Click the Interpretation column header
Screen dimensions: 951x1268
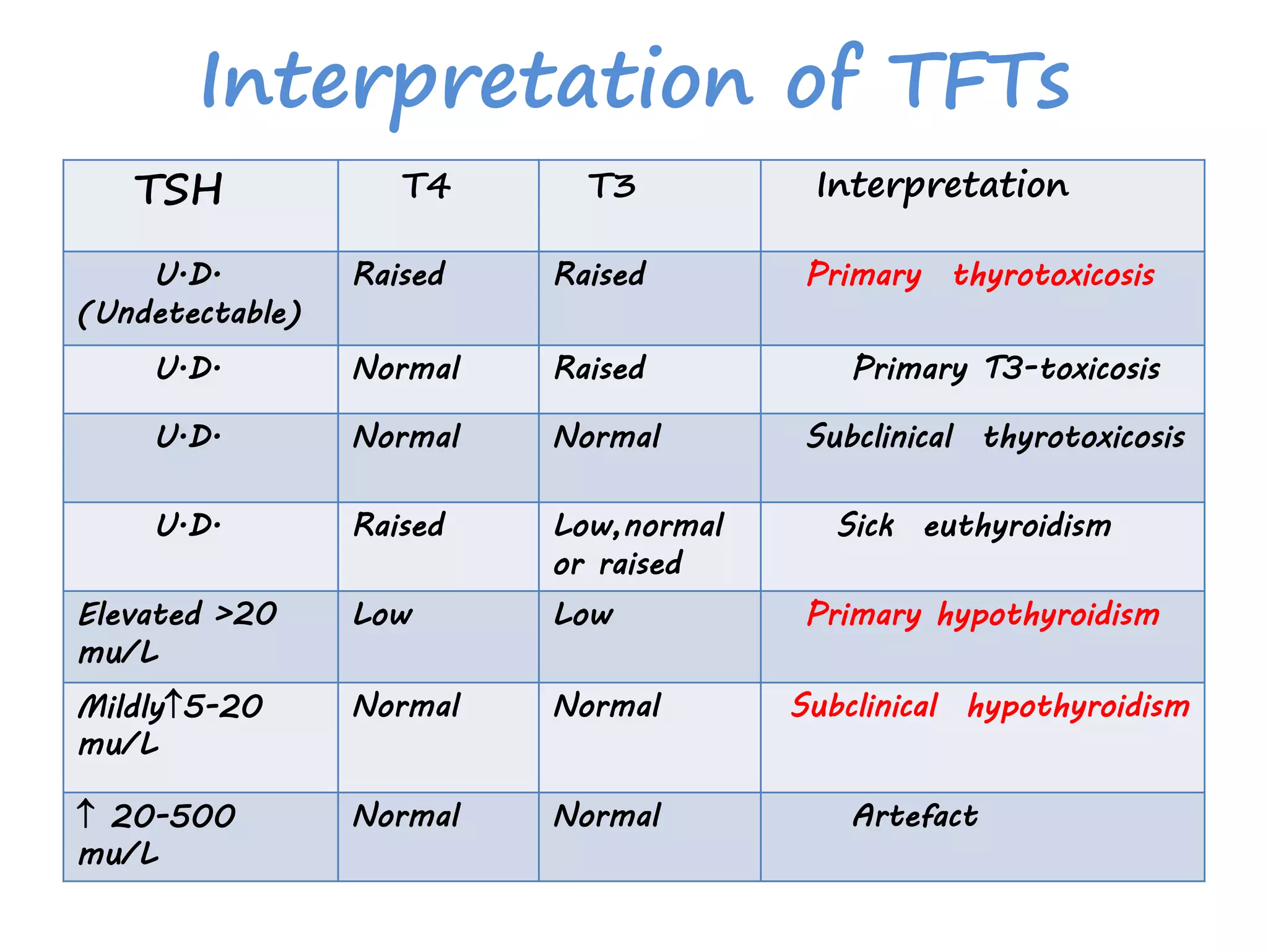(942, 186)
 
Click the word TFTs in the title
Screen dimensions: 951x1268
(978, 80)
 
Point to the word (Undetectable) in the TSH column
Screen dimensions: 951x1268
(189, 313)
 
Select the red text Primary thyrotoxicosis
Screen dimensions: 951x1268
(980, 275)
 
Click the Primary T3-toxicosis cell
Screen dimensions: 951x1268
(1006, 369)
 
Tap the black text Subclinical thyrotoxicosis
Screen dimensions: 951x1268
(995, 437)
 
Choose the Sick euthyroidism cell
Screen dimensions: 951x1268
(974, 526)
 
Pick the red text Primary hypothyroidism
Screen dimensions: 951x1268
(983, 615)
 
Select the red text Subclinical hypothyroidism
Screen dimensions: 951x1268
(989, 706)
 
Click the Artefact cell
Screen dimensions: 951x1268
(915, 816)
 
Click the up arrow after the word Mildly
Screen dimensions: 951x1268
(174, 705)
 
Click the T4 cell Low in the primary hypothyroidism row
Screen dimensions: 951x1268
(383, 615)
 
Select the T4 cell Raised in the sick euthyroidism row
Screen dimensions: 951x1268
(399, 526)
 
